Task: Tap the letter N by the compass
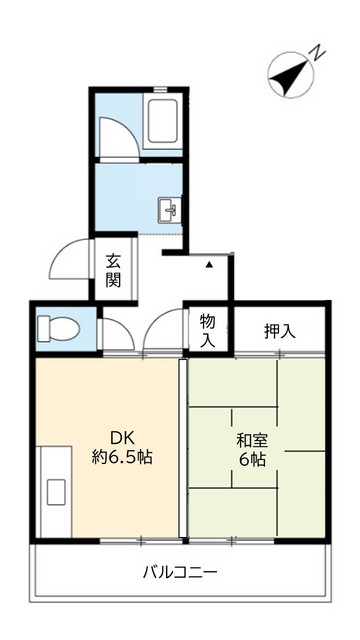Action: click(316, 51)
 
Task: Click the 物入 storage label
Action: click(207, 330)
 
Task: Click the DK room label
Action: click(122, 437)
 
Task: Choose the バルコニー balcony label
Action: click(179, 573)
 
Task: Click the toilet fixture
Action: click(59, 327)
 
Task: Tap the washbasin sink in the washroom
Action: click(168, 210)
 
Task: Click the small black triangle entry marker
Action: click(209, 266)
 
